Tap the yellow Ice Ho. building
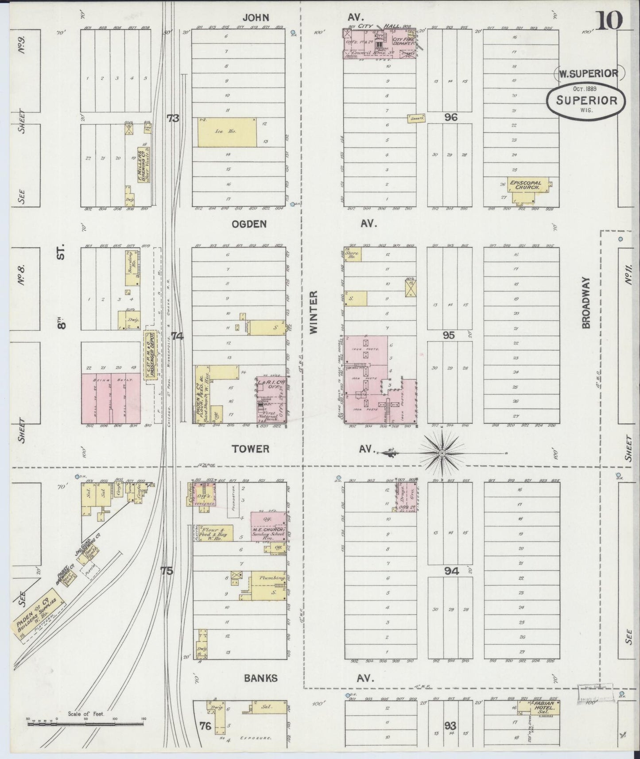[227, 132]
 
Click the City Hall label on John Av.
[380, 26]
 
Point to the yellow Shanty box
[416, 118]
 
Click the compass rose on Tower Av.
[442, 453]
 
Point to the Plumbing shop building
[267, 585]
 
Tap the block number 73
[173, 118]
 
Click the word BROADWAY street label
[586, 303]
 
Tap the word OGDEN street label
[249, 224]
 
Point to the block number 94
[451, 571]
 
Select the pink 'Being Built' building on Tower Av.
[111, 398]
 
